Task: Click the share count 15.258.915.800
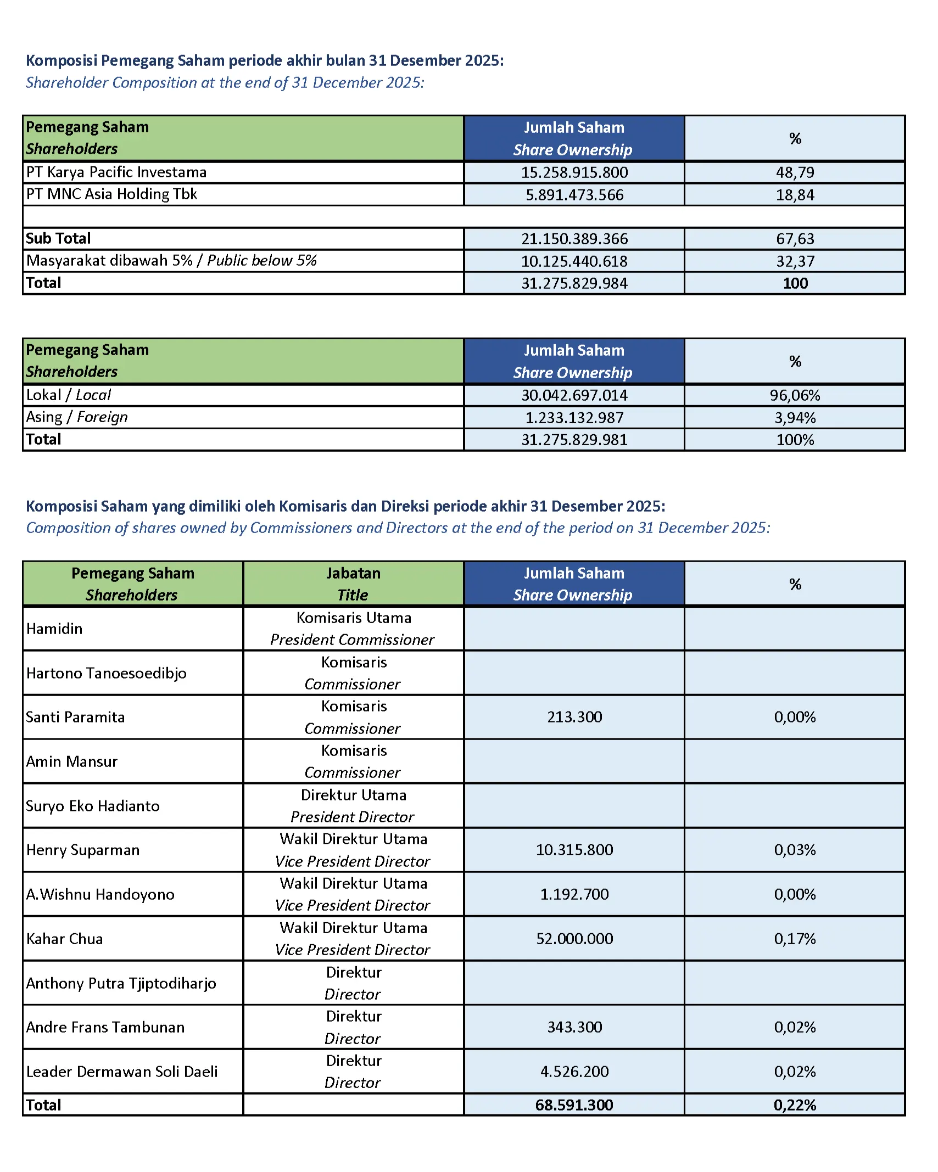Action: point(574,172)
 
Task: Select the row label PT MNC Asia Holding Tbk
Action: point(111,194)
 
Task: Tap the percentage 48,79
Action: point(795,172)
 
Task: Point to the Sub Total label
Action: point(58,239)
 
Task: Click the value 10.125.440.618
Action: point(574,261)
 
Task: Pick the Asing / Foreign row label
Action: point(77,417)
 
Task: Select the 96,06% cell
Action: point(795,395)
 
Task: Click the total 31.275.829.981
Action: point(574,440)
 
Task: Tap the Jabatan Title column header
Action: point(353,584)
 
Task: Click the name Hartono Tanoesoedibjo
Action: point(107,673)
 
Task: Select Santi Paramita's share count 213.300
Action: point(574,717)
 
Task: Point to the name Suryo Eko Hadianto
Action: point(93,806)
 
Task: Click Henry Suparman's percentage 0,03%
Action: point(795,850)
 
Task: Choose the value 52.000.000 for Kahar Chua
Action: point(574,939)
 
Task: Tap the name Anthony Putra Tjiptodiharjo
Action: point(121,983)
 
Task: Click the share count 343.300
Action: point(574,1027)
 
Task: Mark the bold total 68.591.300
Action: point(574,1105)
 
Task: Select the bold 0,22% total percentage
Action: point(795,1105)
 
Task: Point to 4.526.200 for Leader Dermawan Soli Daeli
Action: point(574,1072)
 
